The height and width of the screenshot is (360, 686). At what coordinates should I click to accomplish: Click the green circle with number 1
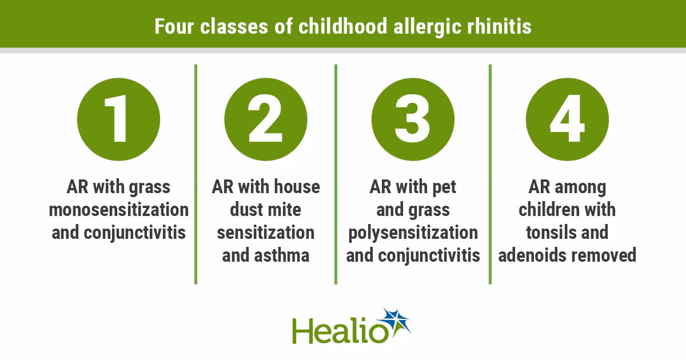pos(119,119)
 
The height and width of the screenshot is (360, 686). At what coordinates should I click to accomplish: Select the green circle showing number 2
pos(266,119)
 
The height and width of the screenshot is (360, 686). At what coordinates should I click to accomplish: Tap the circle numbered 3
pos(413,119)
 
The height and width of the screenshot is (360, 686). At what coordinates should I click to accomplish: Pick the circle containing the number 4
pos(567,119)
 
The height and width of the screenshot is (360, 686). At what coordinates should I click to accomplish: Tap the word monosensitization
pos(119,210)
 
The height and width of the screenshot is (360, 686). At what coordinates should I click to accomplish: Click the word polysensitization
pos(413,233)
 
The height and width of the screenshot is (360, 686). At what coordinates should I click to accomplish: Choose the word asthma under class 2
pos(284,255)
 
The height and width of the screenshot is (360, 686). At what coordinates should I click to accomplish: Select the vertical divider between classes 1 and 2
pos(196,174)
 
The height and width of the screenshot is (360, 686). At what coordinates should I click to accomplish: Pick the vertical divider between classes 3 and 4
pos(490,174)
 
